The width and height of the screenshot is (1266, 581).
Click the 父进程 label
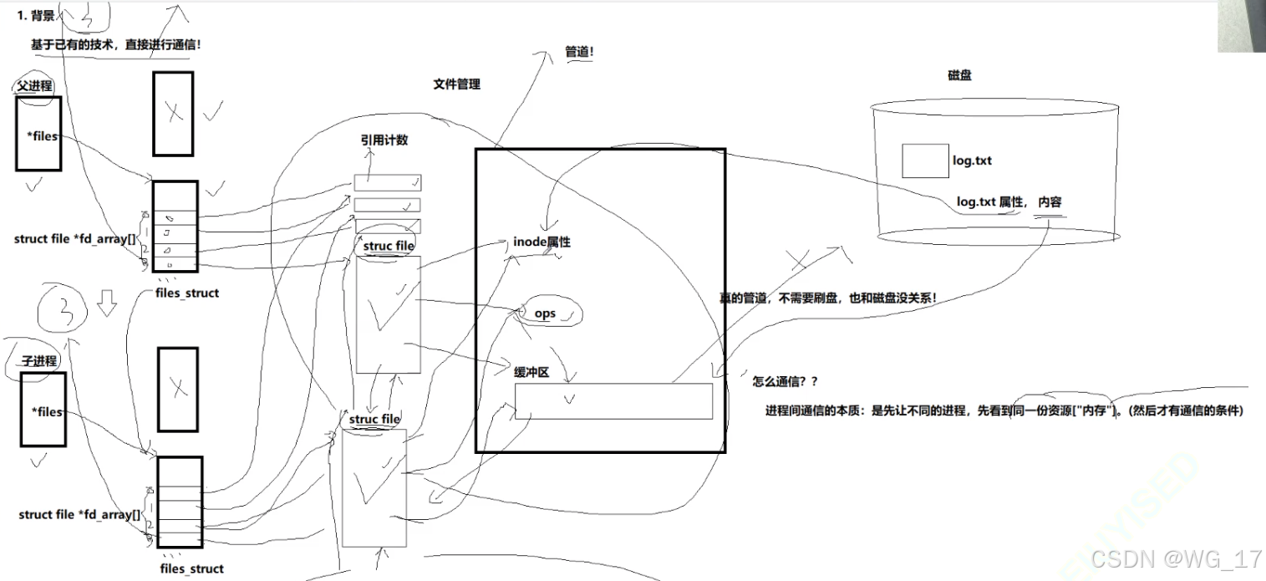[35, 86]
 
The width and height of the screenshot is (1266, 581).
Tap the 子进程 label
[39, 361]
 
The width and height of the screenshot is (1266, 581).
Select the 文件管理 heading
[456, 84]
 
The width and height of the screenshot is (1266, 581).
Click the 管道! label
[579, 52]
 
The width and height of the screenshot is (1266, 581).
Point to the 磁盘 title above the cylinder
[959, 75]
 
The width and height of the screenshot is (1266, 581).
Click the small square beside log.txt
[924, 161]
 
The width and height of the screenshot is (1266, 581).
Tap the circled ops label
[545, 313]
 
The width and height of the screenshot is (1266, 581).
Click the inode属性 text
[541, 242]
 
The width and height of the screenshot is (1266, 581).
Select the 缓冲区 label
[531, 373]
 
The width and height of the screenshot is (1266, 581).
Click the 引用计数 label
[384, 140]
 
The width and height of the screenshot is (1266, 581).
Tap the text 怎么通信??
[785, 381]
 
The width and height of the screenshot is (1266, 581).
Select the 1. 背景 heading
[36, 16]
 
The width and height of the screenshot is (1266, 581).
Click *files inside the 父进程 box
[44, 136]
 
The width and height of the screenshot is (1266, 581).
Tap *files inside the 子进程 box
[47, 411]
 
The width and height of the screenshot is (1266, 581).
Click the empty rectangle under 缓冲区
[613, 401]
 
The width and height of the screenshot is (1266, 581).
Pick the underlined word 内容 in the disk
[1050, 202]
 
